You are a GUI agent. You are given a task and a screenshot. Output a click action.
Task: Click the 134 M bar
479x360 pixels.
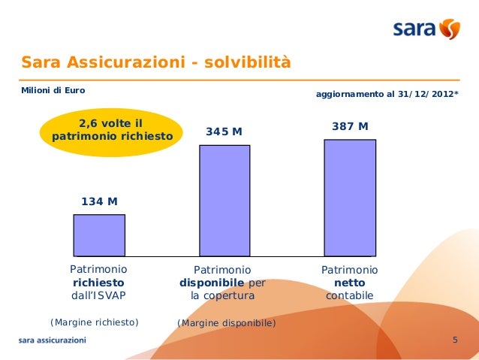pos(99,235)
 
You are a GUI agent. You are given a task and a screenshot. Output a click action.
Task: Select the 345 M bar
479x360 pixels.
pos(224,200)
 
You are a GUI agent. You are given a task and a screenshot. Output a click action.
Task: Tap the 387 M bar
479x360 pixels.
pos(350,197)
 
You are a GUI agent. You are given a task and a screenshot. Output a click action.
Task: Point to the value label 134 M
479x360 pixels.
pos(99,201)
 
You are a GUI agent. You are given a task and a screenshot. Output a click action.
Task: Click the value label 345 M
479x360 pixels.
pos(224,132)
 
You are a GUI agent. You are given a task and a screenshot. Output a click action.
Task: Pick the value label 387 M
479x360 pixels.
pos(350,126)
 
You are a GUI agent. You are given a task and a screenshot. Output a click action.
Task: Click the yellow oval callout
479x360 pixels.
pos(113,130)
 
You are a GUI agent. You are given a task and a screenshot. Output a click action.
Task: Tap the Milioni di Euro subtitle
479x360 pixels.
pos(53,91)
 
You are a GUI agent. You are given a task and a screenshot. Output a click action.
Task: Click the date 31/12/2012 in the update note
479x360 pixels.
pos(429,95)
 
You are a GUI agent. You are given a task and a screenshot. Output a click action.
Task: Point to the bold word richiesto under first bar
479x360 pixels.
pos(98,283)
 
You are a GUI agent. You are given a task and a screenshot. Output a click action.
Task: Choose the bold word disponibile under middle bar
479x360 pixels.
pos(212,283)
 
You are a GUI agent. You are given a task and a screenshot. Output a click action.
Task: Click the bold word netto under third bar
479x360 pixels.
pos(350,283)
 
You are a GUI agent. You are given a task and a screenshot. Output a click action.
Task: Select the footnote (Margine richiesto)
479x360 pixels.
pos(95,322)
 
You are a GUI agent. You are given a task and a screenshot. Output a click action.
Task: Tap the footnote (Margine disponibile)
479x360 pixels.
pos(226,323)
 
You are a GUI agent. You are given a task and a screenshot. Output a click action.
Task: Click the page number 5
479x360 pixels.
pos(455,341)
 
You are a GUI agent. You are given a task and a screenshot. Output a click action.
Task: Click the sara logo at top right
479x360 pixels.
pos(426,30)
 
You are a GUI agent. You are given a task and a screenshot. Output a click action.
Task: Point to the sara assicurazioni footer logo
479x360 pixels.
pos(53,340)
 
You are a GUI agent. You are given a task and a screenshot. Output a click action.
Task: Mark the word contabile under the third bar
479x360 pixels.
pos(349,296)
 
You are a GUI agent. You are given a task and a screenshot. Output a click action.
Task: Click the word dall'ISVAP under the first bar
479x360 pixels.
pos(98,295)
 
